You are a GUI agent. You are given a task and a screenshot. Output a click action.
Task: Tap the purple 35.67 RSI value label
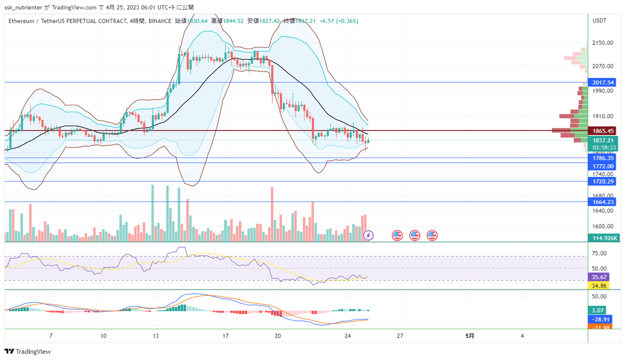click(x=597, y=277)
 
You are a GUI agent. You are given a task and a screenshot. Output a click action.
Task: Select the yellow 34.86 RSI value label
click(x=597, y=285)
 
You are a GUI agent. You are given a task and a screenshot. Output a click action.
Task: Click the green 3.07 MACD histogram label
click(x=597, y=309)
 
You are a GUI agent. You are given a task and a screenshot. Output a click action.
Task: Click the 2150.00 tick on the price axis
click(x=603, y=43)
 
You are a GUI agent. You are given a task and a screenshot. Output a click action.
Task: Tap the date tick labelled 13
click(x=155, y=336)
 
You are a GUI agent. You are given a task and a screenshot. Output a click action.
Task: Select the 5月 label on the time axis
click(x=469, y=336)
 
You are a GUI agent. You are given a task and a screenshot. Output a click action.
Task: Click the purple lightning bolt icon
click(x=368, y=235)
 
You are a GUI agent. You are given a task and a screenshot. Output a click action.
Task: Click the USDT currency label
click(x=599, y=20)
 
